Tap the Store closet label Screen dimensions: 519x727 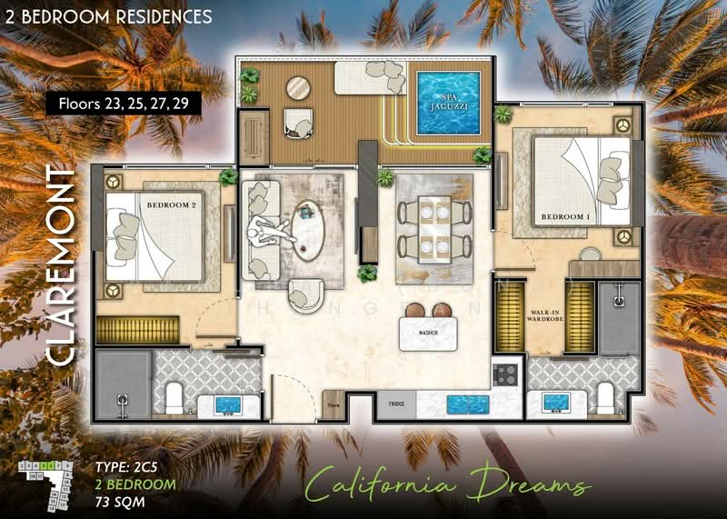click(x=333, y=404)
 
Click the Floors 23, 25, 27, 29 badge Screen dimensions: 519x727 click(x=123, y=103)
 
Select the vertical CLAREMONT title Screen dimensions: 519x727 click(x=60, y=266)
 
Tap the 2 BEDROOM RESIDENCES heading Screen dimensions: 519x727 click(x=109, y=16)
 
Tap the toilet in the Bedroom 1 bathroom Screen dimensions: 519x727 click(x=606, y=396)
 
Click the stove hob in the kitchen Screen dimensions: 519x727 click(x=505, y=373)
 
